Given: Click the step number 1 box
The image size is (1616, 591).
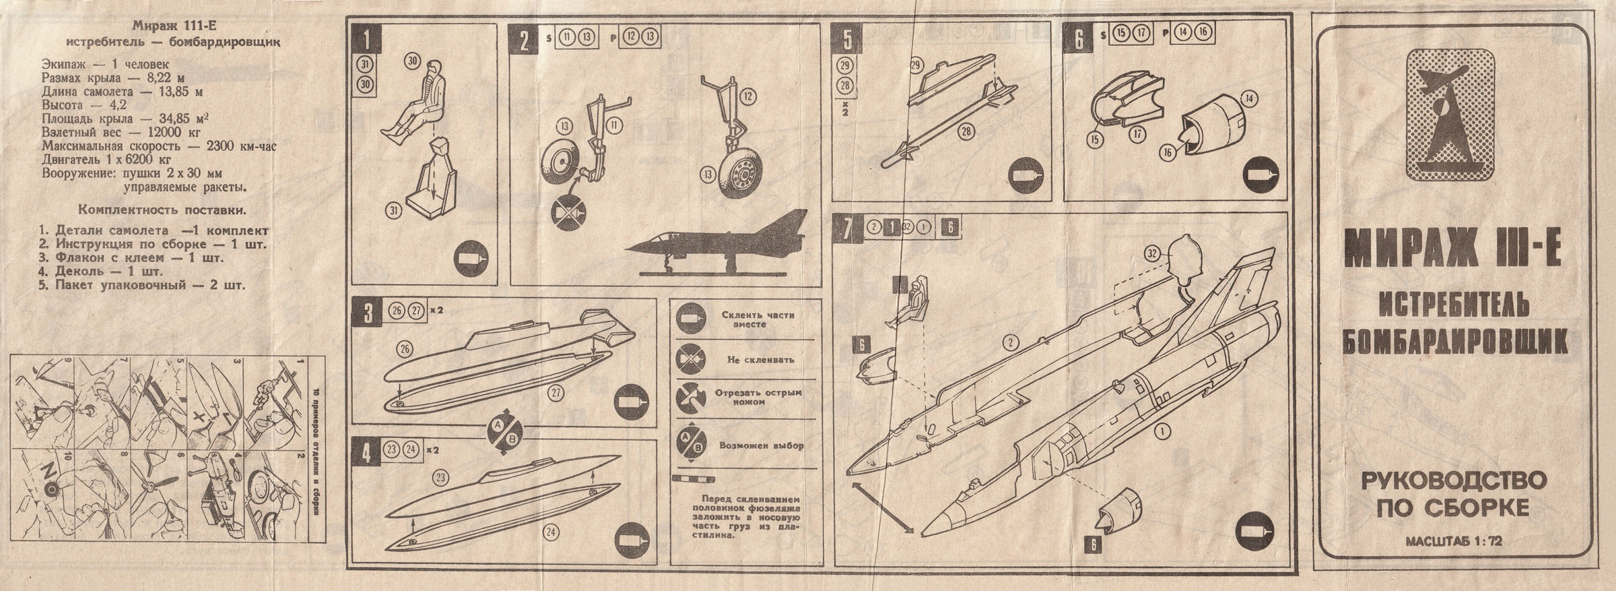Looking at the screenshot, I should click(x=366, y=38).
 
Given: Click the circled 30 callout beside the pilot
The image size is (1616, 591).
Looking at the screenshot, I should click(x=413, y=61).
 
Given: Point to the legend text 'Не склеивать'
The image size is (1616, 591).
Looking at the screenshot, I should click(x=760, y=359).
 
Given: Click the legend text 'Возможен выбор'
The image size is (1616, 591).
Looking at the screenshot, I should click(x=762, y=445).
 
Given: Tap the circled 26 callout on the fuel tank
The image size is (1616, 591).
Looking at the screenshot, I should click(x=405, y=349).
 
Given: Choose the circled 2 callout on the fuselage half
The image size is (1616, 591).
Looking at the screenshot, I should click(x=1008, y=343).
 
